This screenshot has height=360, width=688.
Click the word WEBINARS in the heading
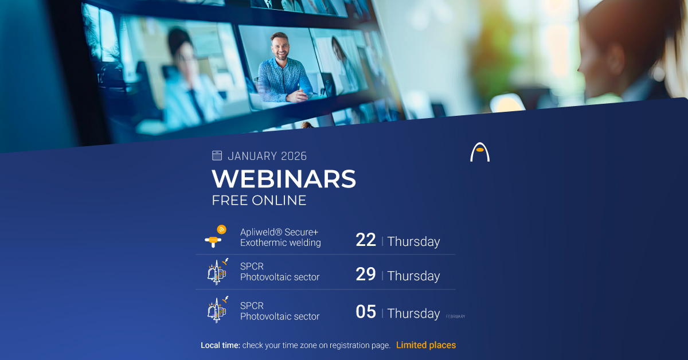pos(284,179)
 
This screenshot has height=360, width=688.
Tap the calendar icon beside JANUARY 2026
pos(217,155)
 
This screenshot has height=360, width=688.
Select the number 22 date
pos(366,240)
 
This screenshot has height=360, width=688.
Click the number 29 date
pos(366,275)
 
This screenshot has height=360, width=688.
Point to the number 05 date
pos(366,312)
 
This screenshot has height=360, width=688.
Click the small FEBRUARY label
pos(455,316)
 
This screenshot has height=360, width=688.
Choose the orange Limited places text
pos(426,345)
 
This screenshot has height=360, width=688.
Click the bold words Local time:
pos(221,345)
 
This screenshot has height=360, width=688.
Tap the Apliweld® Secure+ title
pos(279,232)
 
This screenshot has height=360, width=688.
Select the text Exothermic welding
pos(280,242)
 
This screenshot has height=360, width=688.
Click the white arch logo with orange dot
pos(480,152)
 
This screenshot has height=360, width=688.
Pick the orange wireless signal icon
pos(221,230)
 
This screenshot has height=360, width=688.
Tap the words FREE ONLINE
pos(259,200)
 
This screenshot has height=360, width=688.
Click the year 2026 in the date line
pos(294,156)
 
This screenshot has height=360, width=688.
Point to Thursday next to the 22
pos(413,241)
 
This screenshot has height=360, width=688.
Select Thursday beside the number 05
pos(413,313)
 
